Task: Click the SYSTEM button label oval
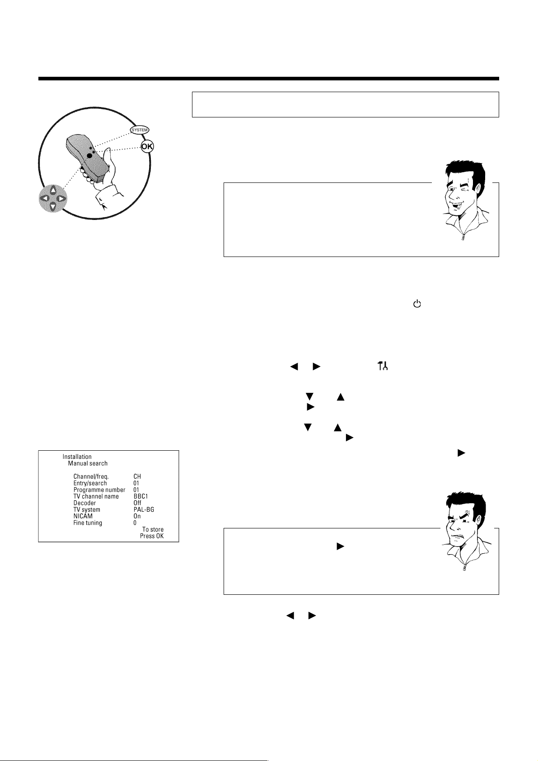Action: (x=139, y=130)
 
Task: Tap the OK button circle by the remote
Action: (x=147, y=146)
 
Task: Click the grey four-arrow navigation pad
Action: (x=53, y=198)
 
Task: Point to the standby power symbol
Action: (x=417, y=303)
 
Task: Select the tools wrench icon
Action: (x=383, y=366)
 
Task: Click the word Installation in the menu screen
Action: (x=77, y=457)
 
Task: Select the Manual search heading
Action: (x=88, y=463)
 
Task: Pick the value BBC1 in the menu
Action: (x=140, y=496)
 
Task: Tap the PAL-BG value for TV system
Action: (x=144, y=509)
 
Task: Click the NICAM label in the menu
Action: (x=83, y=516)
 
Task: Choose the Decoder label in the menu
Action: (x=84, y=503)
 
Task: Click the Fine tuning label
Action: (x=88, y=523)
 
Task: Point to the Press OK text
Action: (x=152, y=536)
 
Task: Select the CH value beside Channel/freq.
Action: (x=137, y=476)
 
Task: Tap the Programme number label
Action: (x=99, y=490)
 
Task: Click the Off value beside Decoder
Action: (x=137, y=503)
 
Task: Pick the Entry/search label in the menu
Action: (x=90, y=483)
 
